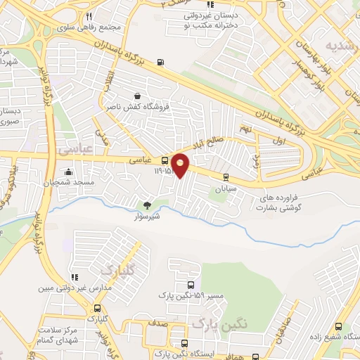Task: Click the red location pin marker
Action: coord(181,165)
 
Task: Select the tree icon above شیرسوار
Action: coord(147,205)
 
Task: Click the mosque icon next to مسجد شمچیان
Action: coord(68,172)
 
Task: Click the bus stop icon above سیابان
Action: coord(225,177)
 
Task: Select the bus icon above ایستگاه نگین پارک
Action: coord(184,344)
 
